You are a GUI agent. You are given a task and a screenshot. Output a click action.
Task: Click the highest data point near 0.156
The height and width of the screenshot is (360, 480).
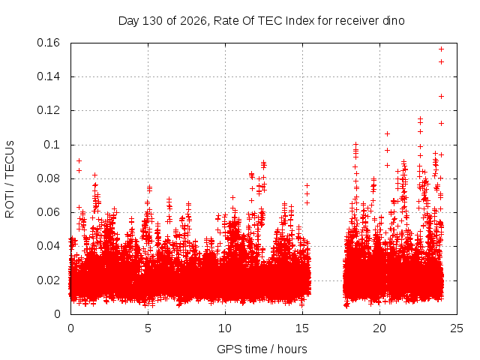441,49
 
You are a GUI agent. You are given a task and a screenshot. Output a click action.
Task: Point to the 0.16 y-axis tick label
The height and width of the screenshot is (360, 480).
48,43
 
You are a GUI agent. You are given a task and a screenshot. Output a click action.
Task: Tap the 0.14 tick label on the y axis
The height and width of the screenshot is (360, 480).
48,76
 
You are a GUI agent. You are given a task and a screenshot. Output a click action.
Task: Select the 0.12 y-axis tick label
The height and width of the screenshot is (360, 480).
48,110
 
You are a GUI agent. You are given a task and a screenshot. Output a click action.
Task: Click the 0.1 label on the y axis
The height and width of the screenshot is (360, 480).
52,145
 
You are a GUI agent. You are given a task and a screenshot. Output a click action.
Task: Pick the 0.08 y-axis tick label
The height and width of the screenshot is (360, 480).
48,178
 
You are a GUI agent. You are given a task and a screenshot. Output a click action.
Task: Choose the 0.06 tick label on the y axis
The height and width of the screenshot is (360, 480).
48,212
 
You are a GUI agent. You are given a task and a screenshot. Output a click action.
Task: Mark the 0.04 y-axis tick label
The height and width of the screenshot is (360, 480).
48,246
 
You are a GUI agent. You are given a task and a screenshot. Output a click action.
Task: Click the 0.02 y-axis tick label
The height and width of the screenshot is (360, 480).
48,280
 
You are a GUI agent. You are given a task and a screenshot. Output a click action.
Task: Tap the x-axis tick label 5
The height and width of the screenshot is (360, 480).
148,328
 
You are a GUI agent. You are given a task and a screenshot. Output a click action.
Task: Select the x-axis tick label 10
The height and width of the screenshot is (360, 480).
225,328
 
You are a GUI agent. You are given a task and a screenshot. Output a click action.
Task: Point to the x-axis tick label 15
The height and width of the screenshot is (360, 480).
302,328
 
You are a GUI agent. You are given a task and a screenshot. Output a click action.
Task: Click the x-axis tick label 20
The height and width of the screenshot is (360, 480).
379,328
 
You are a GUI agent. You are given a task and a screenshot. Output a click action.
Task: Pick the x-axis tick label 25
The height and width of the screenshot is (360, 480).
457,328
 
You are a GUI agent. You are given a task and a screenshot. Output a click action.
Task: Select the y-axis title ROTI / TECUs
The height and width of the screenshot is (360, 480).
10,179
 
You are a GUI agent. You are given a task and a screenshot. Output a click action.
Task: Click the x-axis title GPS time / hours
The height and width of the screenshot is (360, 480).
262,349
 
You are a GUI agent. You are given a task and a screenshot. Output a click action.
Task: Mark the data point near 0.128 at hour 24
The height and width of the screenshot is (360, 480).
441,97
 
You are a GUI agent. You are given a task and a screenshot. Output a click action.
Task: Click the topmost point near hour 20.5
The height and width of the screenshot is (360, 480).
387,133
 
